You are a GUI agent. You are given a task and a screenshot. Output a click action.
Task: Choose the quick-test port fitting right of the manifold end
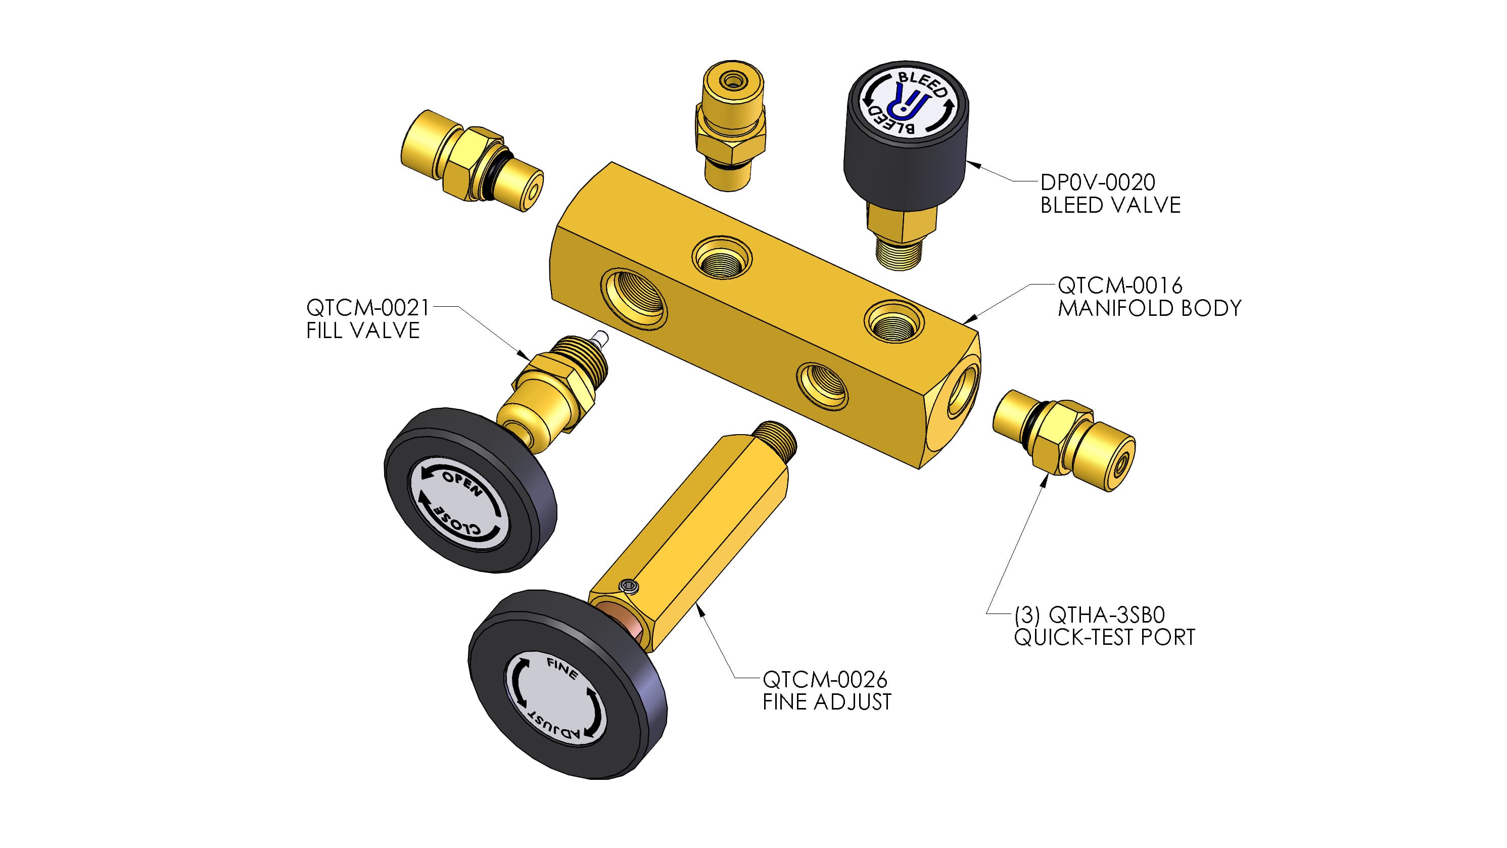click(x=1064, y=440)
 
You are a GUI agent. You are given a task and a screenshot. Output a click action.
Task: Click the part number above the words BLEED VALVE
click(x=1098, y=182)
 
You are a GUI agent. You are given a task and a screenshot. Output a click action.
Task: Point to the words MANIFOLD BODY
click(x=1150, y=308)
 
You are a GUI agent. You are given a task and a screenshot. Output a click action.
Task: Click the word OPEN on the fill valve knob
click(x=462, y=483)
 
